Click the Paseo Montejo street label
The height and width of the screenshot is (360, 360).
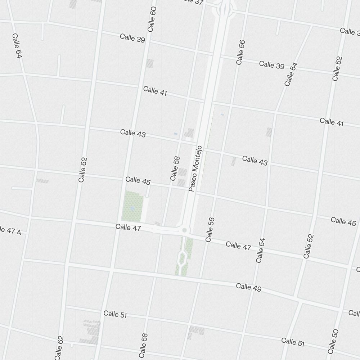tap(196, 168)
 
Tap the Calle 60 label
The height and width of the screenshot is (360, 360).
tap(152, 19)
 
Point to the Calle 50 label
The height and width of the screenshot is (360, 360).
tap(333, 341)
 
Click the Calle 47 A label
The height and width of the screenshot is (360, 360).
tap(10, 230)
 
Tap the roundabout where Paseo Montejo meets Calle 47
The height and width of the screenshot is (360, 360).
tap(184, 230)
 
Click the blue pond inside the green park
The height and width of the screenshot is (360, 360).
tap(132, 208)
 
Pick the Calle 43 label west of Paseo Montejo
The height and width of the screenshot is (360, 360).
tap(133, 133)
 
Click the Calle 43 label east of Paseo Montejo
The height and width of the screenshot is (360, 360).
tap(255, 161)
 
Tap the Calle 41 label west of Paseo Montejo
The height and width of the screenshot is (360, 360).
tap(155, 91)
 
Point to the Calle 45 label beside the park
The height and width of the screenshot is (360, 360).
tap(138, 181)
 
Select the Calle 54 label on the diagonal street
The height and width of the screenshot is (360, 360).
tap(291, 75)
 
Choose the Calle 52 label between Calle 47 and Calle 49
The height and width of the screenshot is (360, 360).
tap(309, 246)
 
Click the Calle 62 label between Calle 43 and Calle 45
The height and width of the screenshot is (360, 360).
tap(82, 170)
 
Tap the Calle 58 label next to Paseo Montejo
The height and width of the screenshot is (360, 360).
tap(175, 168)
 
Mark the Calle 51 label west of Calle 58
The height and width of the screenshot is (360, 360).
tap(115, 314)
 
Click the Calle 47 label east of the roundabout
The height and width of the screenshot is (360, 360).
tap(238, 246)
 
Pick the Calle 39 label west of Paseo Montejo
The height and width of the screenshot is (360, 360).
tap(132, 38)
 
